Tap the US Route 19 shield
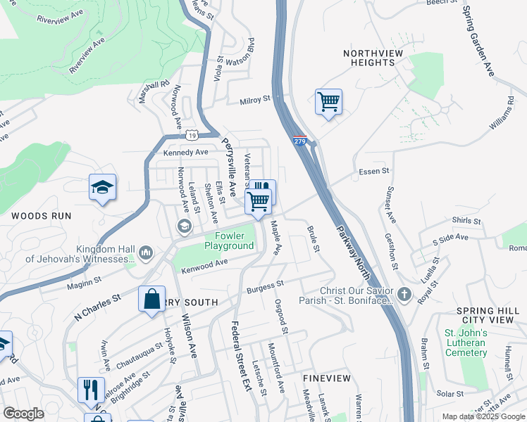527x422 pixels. click(x=192, y=134)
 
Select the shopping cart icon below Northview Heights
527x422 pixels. click(x=328, y=102)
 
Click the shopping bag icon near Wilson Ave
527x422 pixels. click(x=151, y=299)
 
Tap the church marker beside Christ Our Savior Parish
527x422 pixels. click(x=404, y=295)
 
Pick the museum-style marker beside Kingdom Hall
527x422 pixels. click(x=146, y=252)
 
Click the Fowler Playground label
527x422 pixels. click(x=229, y=241)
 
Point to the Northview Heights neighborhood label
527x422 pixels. click(x=368, y=58)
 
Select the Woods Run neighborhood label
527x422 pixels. click(x=41, y=216)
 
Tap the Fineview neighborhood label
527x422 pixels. click(x=326, y=378)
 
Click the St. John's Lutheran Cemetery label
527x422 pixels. click(x=465, y=343)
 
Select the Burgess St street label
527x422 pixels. click(x=264, y=286)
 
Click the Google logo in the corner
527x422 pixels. click(x=23, y=414)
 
